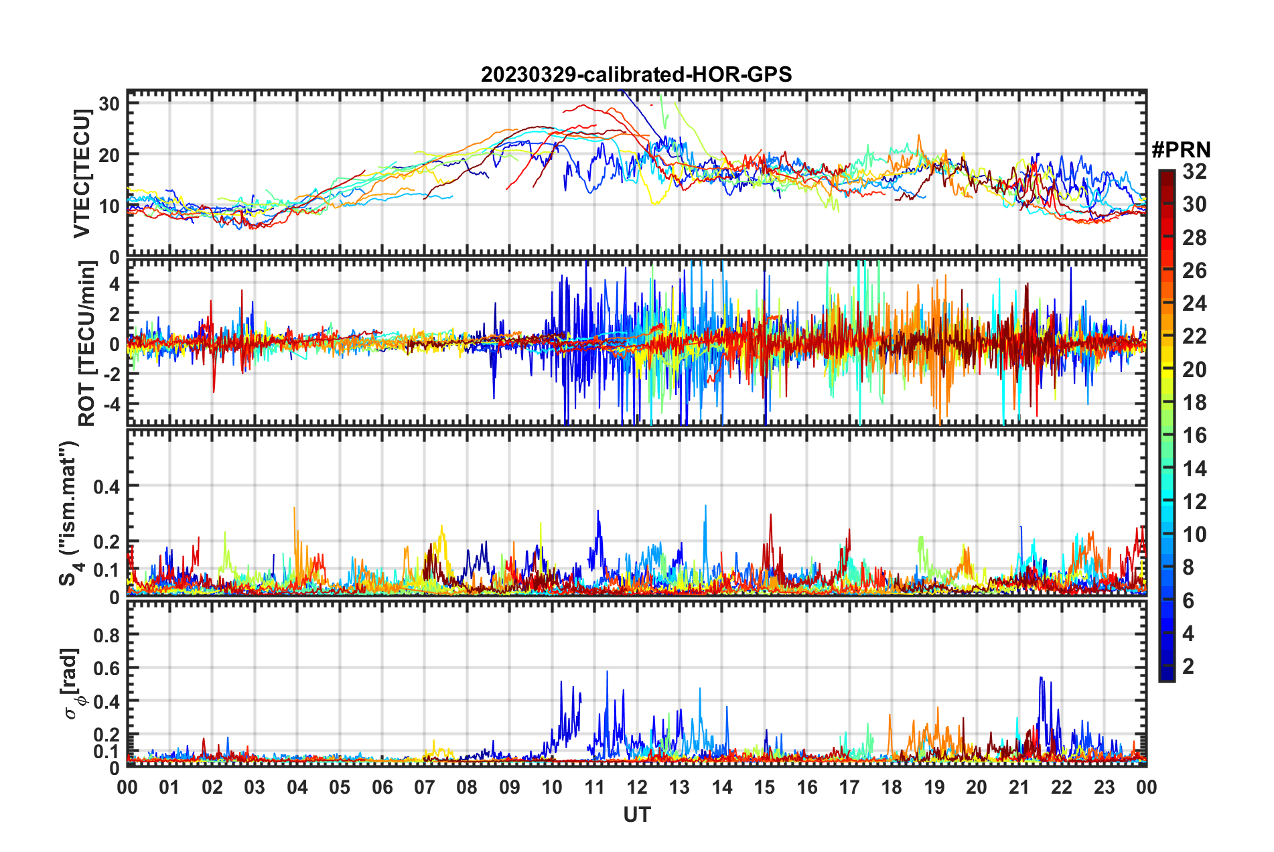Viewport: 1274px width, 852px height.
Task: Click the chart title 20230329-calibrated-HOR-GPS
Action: tap(636, 74)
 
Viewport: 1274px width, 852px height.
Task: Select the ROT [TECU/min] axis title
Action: tap(86, 343)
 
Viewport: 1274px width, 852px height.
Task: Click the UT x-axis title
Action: tap(636, 814)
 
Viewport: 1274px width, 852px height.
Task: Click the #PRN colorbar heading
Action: tap(1181, 149)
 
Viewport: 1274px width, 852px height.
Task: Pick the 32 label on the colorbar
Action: tap(1194, 171)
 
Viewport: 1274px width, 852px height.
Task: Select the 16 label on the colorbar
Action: tap(1194, 435)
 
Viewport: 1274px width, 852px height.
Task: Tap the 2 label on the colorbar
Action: tap(1188, 666)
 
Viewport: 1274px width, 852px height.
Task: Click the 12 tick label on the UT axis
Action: tap(636, 787)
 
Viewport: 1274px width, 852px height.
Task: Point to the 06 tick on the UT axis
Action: tap(382, 787)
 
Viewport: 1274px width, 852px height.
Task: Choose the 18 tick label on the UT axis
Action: tap(892, 787)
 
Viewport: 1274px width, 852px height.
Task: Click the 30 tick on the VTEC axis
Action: tap(109, 103)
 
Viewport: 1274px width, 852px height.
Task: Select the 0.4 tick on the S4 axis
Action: tap(106, 486)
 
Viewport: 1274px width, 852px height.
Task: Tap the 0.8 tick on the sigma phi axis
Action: tap(106, 634)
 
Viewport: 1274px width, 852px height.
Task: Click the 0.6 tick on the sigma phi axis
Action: tap(106, 668)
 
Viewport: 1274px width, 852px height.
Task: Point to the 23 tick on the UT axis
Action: tap(1104, 787)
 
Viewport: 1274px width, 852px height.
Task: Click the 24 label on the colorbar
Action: tap(1194, 303)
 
